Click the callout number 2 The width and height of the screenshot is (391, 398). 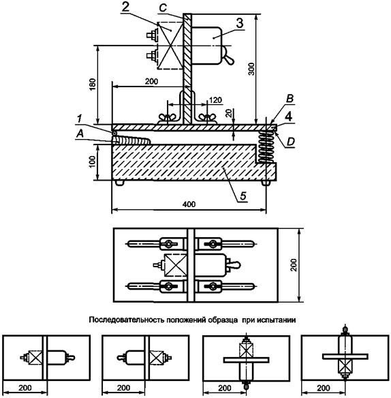point(125,7)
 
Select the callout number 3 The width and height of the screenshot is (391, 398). point(240,23)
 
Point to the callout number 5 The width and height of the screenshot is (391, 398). point(243,196)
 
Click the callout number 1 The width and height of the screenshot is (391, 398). point(80,119)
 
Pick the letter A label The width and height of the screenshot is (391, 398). point(80,134)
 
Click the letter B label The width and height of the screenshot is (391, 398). point(290,99)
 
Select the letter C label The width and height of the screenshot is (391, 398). point(163,8)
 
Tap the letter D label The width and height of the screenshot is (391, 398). point(291,142)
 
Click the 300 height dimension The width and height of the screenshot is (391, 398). point(251,69)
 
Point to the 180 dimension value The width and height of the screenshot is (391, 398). point(93,85)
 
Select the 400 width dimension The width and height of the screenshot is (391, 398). point(189,204)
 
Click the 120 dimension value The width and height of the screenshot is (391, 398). point(215,100)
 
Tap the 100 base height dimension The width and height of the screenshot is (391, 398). point(92,162)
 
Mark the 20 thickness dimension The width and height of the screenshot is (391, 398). point(230,113)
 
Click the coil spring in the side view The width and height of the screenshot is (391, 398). point(266,147)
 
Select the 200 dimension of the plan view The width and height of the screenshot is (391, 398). point(294,265)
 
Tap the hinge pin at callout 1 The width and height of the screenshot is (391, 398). point(114,133)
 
